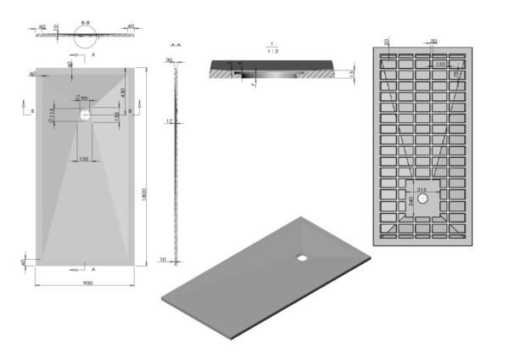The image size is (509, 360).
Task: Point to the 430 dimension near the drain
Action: coord(123,92)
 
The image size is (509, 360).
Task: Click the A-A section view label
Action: coord(175,42)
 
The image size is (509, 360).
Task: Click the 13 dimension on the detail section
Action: coord(351,75)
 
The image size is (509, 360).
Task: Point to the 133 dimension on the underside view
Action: coord(440,64)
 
